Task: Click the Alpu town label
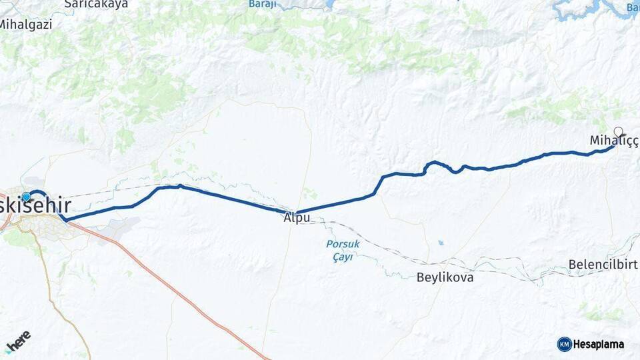[x=297, y=218]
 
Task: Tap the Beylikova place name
[x=445, y=277]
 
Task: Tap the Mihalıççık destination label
[x=613, y=141]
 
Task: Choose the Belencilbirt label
[x=603, y=265]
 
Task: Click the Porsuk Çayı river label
[x=343, y=251]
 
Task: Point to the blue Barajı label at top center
[x=262, y=4]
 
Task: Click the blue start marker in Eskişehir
[x=26, y=197]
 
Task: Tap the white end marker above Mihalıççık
[x=618, y=131]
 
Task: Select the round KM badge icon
[x=564, y=344]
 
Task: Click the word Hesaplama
[x=599, y=344]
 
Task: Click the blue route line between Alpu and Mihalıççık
[x=400, y=175]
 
